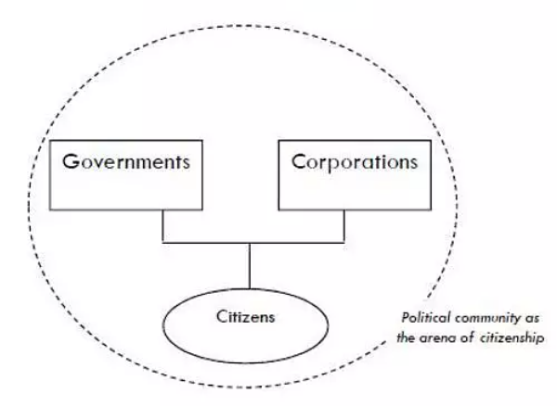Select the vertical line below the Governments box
tap(162, 225)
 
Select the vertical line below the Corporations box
tap(344, 225)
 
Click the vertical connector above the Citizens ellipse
tap(249, 267)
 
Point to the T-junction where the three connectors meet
tap(249, 244)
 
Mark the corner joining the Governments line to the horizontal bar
tap(162, 244)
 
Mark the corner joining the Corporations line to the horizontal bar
tap(344, 244)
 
